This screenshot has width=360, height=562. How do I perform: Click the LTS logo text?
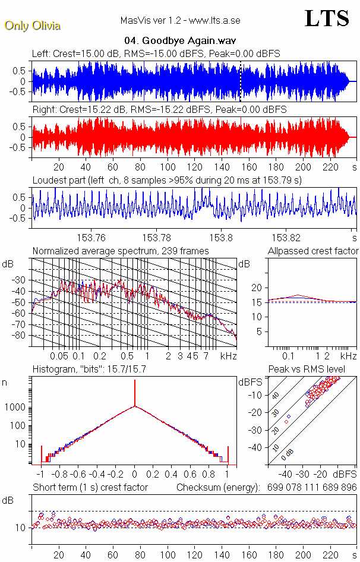(327, 18)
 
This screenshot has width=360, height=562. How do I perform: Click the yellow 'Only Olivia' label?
(33, 26)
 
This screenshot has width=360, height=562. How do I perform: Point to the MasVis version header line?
(180, 21)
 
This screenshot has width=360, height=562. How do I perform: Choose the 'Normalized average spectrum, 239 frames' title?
(121, 251)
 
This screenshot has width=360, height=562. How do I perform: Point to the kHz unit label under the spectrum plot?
(228, 356)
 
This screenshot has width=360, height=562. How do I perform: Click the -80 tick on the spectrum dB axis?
(20, 336)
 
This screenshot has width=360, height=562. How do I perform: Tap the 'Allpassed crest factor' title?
(313, 251)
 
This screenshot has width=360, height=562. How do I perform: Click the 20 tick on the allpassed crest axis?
(258, 288)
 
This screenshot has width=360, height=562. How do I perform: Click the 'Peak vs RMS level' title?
(307, 370)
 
